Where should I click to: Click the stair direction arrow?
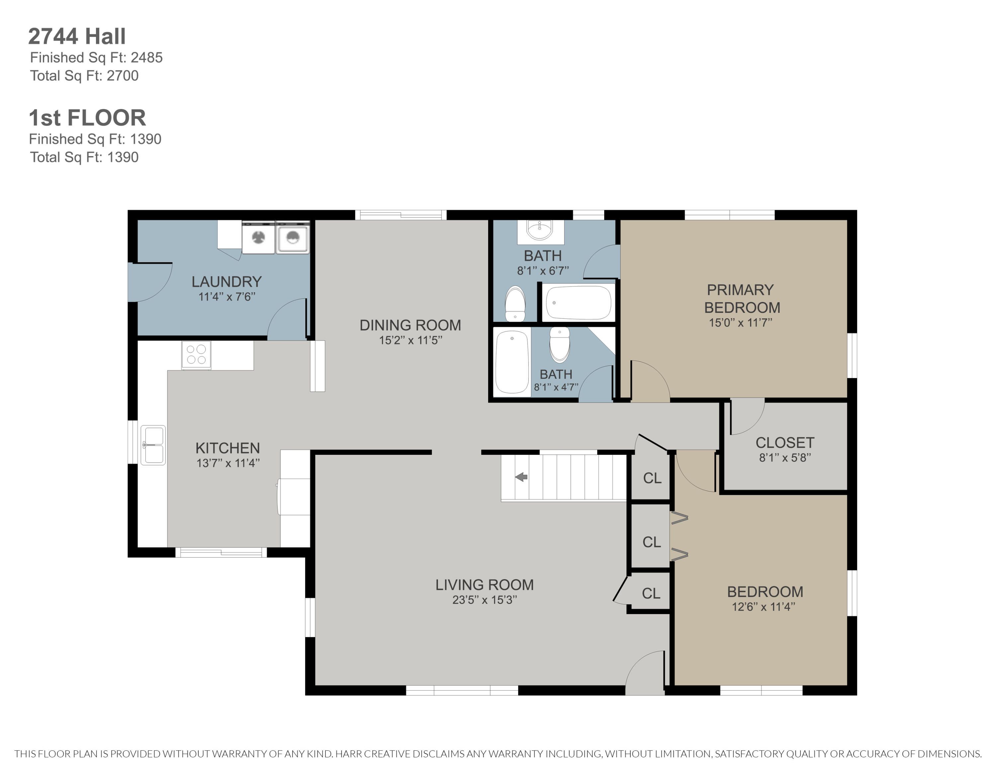pyautogui.click(x=521, y=477)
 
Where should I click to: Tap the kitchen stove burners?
pyautogui.click(x=196, y=354)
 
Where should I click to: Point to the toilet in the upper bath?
pyautogui.click(x=515, y=303)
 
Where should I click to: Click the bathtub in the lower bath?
pyautogui.click(x=512, y=362)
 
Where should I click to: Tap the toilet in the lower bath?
pyautogui.click(x=560, y=344)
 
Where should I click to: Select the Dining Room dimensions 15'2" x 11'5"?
pyautogui.click(x=410, y=340)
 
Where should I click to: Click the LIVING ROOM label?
pyautogui.click(x=484, y=585)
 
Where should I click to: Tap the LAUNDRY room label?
pyautogui.click(x=227, y=282)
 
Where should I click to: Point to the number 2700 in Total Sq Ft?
pyautogui.click(x=123, y=76)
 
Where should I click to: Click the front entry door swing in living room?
pyautogui.click(x=645, y=673)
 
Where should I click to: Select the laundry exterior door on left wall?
pyautogui.click(x=150, y=282)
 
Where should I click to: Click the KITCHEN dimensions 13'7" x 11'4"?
pyautogui.click(x=228, y=463)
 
